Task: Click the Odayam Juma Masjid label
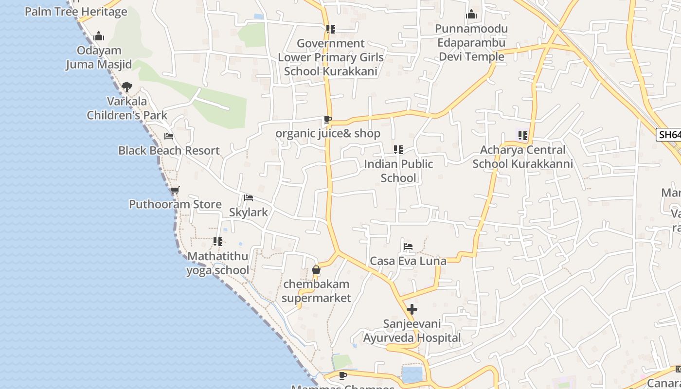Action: coord(99,57)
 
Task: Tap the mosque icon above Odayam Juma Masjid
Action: coord(99,36)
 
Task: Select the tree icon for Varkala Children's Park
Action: coord(127,87)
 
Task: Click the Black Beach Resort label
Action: coord(169,151)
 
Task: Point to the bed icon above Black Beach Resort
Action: coord(169,136)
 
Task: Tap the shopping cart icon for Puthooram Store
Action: coord(175,190)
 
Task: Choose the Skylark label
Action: coord(249,212)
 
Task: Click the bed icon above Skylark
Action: coord(249,198)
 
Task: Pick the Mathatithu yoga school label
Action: coord(217,263)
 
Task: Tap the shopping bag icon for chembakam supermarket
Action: coord(316,270)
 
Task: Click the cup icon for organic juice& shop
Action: coord(328,119)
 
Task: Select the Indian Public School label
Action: coord(398,171)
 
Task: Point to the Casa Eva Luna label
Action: coord(408,261)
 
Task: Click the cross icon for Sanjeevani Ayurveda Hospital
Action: coord(412,309)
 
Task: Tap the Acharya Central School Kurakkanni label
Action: coord(522,157)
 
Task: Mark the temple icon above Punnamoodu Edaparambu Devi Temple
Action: coord(471,15)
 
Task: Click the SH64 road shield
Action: coord(669,135)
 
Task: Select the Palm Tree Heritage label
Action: coord(76,12)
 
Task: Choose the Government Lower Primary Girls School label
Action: coord(331,57)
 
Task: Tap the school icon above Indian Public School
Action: coord(398,150)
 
